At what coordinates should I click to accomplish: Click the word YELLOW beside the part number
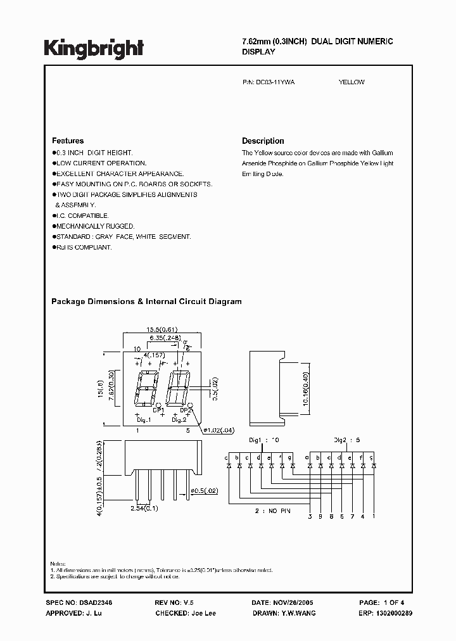pyautogui.click(x=351, y=82)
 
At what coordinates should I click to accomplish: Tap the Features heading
pyautogui.click(x=67, y=141)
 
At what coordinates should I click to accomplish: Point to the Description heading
pyautogui.click(x=263, y=141)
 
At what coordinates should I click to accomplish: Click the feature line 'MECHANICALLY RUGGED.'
pyautogui.click(x=94, y=226)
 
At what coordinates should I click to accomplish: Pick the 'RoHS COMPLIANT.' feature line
pyautogui.click(x=84, y=247)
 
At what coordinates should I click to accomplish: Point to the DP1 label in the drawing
pyautogui.click(x=158, y=410)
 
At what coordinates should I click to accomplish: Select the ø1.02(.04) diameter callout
pyautogui.click(x=217, y=431)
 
